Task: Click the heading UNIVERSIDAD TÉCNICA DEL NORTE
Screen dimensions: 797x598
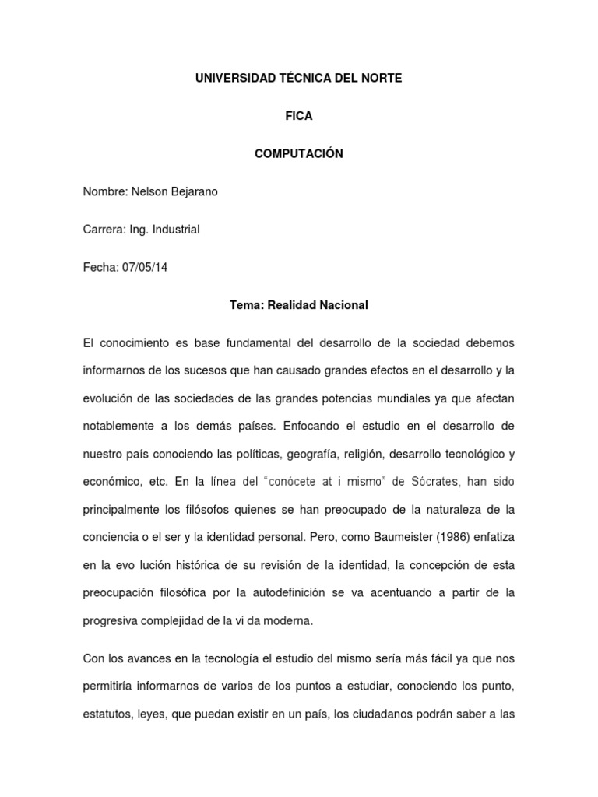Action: (299, 79)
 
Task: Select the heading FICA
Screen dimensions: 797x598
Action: (299, 116)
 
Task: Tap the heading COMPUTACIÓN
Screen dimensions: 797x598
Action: (299, 154)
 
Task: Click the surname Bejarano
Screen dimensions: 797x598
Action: (189, 191)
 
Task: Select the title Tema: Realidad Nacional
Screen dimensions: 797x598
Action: (299, 305)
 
